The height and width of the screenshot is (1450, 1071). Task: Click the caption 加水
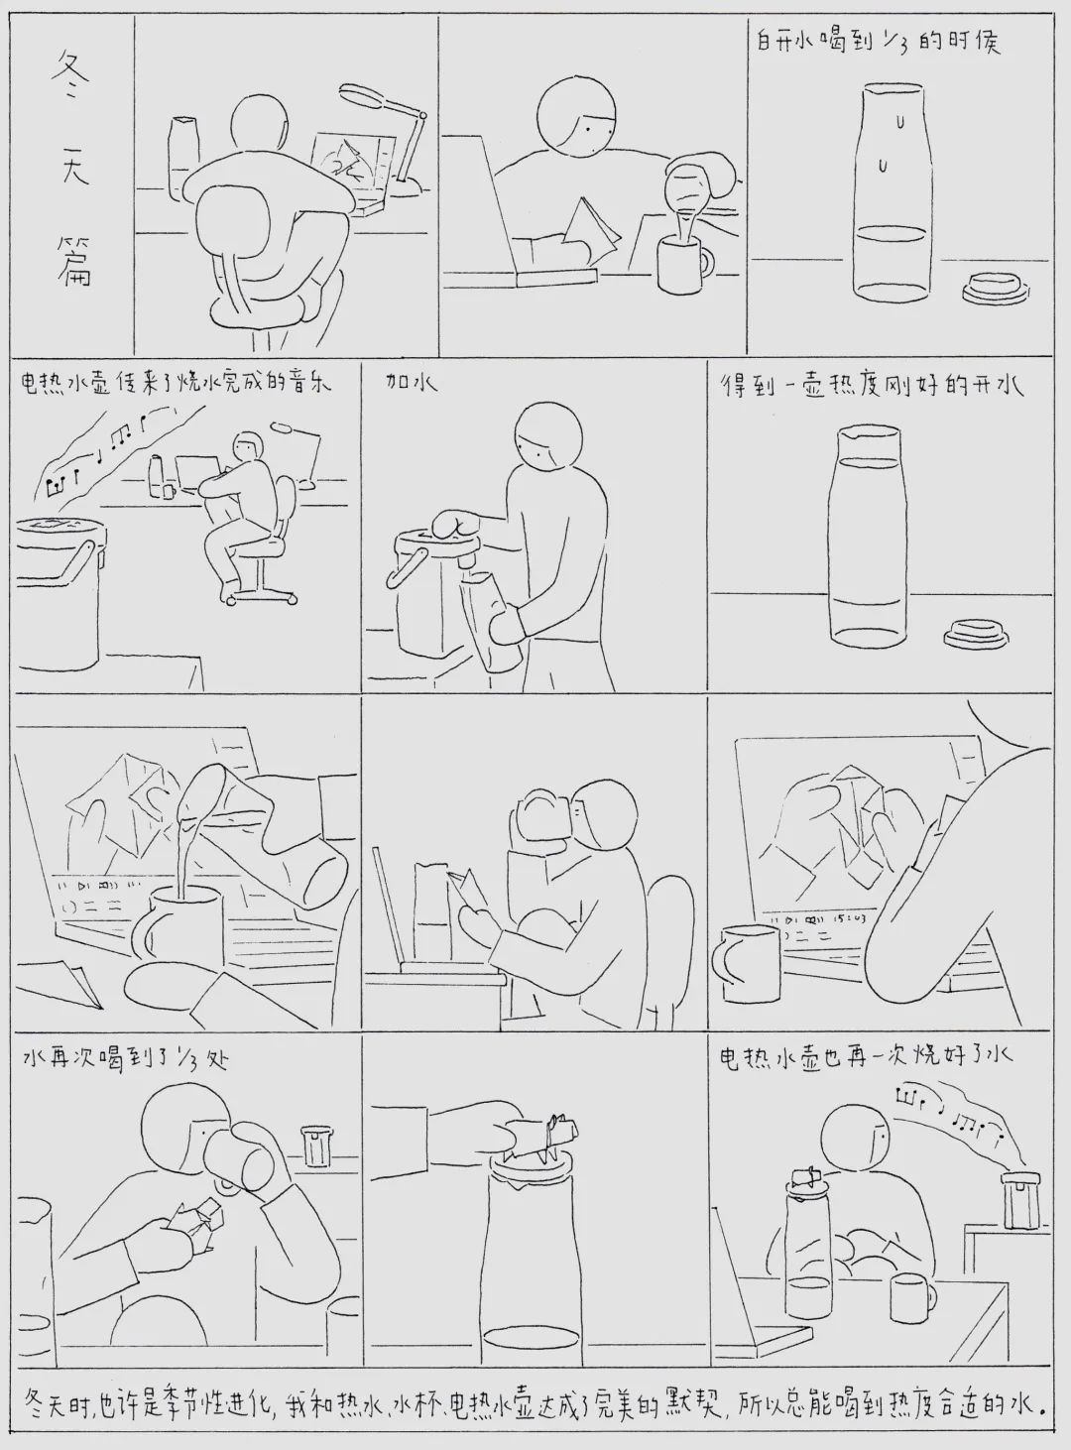411,383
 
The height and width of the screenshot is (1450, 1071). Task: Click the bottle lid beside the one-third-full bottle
995,288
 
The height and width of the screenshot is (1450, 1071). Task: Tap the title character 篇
73,262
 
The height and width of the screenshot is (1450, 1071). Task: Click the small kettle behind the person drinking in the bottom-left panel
316,1146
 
